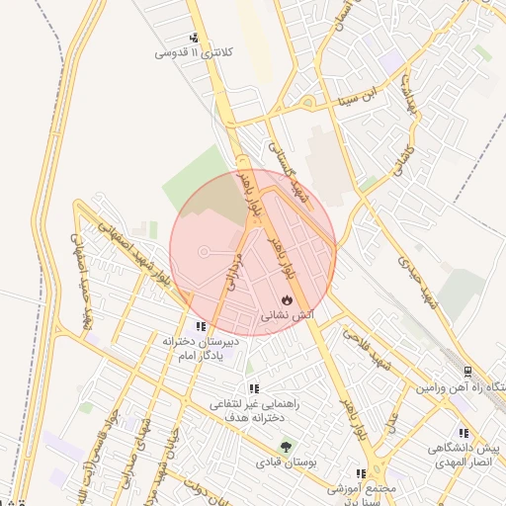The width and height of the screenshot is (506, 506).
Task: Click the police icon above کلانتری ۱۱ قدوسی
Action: (194, 38)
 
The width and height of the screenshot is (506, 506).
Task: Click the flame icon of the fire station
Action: (287, 299)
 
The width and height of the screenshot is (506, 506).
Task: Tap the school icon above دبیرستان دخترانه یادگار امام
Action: (201, 325)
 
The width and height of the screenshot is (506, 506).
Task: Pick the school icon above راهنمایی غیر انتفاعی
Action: (253, 389)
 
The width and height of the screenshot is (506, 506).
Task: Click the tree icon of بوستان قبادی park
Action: (286, 447)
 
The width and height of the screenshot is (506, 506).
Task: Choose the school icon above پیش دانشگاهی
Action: (463, 433)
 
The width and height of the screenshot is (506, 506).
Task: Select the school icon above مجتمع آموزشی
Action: (361, 474)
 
